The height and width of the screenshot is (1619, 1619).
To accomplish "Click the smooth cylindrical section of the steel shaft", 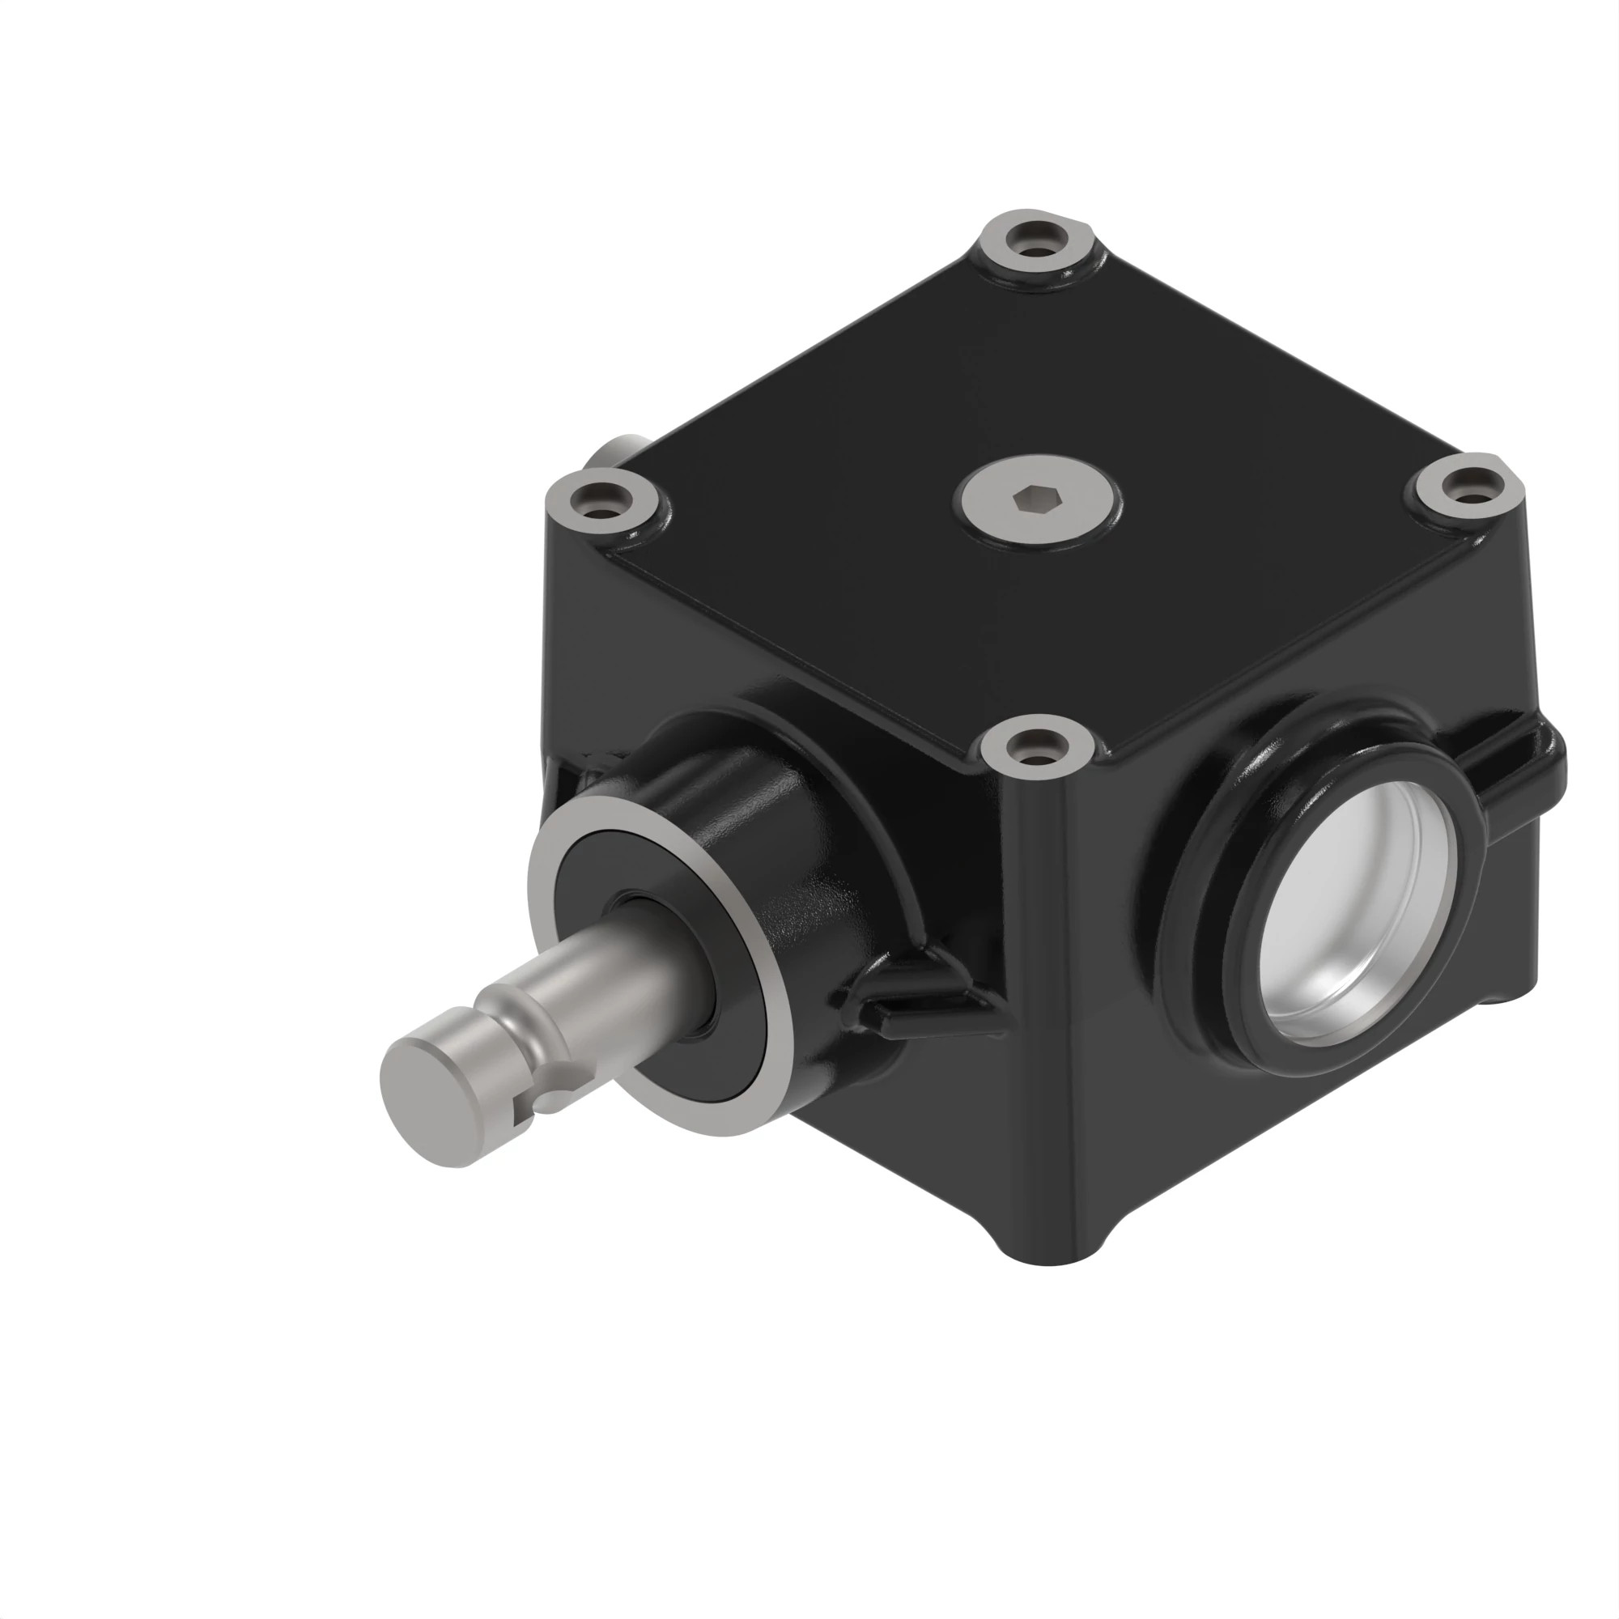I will pos(637,972).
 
